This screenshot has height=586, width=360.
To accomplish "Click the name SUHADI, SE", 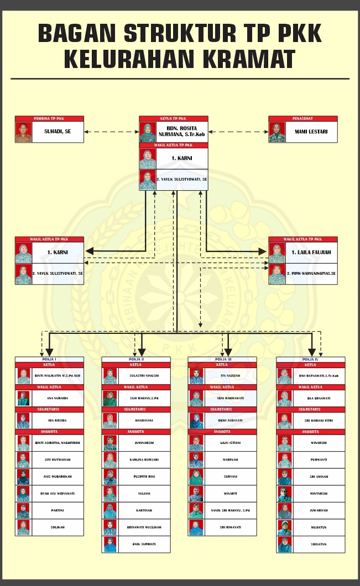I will click(58, 132).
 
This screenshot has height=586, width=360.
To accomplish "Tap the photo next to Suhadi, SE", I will click(24, 132).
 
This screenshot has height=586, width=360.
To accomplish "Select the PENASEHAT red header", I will click(302, 118).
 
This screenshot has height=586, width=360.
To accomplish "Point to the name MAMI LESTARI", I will click(311, 132).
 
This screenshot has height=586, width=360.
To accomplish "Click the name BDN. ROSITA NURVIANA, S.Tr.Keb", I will click(181, 132).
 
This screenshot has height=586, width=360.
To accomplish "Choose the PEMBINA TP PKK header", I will click(50, 118).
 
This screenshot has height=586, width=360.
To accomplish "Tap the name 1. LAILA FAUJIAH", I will click(311, 253).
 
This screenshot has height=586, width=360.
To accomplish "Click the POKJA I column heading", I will click(50, 359).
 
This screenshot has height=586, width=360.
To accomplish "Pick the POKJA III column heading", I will click(222, 359).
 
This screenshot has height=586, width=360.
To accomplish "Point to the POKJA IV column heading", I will click(310, 359).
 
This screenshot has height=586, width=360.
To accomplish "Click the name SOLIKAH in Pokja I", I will click(58, 527).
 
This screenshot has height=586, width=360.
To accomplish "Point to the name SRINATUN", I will click(319, 544).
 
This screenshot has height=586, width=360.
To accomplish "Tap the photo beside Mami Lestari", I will click(276, 132).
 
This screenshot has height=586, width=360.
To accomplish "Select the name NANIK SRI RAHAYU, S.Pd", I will click(231, 510).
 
